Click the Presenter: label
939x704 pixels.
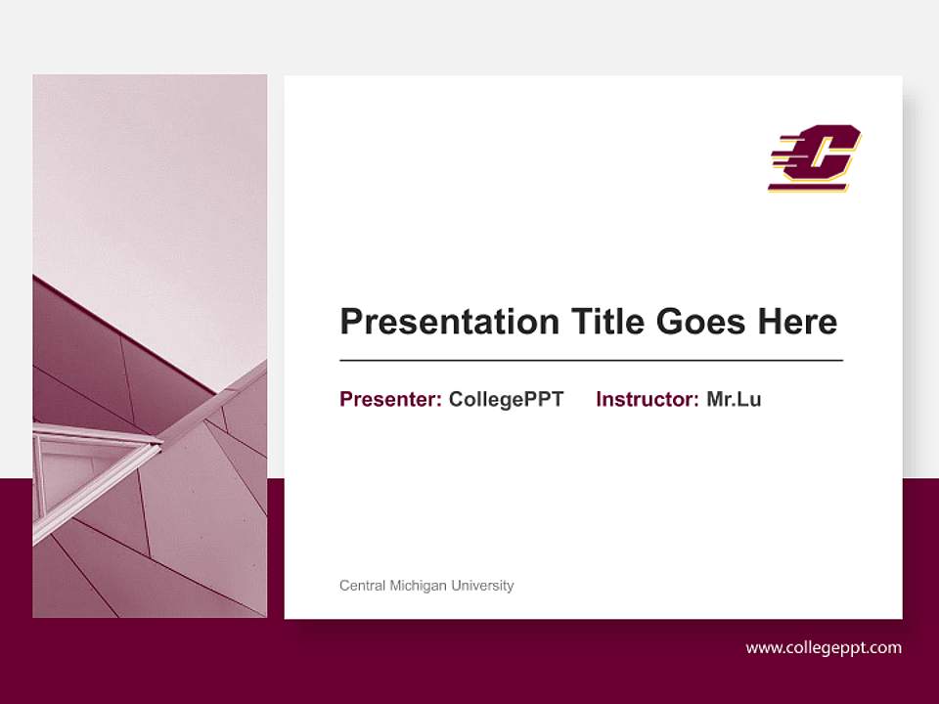[x=390, y=399]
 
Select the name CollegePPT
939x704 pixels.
[x=506, y=399]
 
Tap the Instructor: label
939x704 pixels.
[x=648, y=399]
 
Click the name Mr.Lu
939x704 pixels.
[x=734, y=399]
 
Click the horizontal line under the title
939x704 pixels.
[x=591, y=361]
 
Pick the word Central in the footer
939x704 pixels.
[x=362, y=586]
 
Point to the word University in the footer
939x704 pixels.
[x=483, y=586]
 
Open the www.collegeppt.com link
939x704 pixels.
[x=824, y=647]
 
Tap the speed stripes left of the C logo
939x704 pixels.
[x=785, y=156]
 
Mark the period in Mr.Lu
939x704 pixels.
[x=736, y=405]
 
